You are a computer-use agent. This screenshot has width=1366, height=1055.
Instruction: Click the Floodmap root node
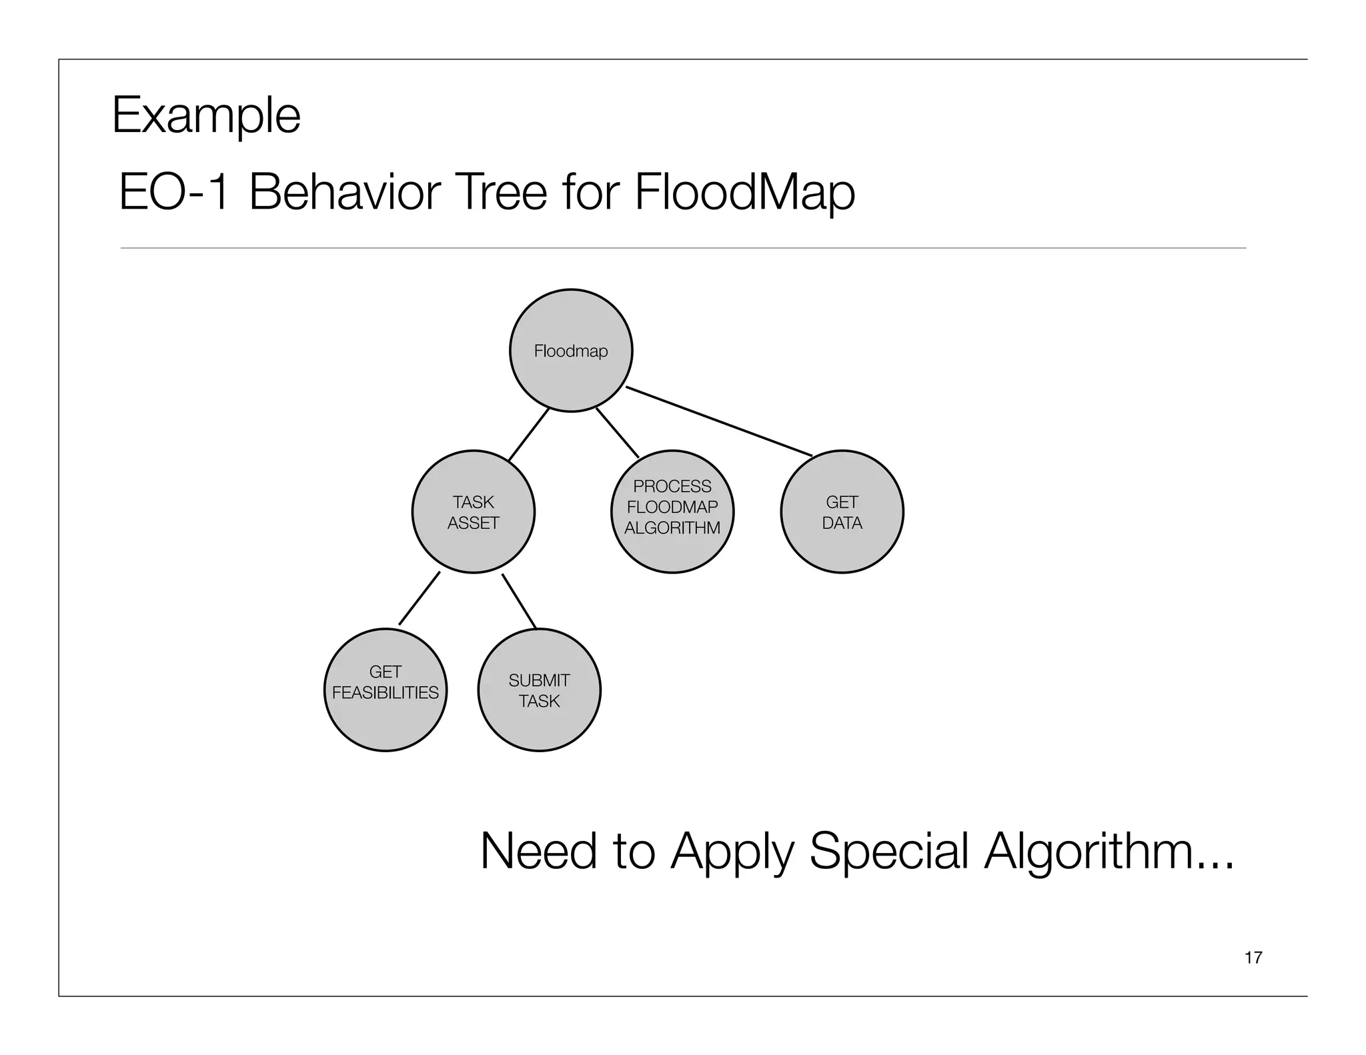571,351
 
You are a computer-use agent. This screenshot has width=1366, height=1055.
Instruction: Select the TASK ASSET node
474,511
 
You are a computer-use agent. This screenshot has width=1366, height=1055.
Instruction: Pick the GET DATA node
842,511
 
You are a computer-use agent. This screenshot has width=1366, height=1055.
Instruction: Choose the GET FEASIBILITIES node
386,690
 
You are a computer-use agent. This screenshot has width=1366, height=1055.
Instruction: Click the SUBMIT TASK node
539,690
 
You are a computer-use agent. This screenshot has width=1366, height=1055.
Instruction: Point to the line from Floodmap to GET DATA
719,421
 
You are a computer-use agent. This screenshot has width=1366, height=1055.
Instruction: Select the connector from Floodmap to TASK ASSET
528,434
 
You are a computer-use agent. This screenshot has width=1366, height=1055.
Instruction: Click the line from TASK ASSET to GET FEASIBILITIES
420,598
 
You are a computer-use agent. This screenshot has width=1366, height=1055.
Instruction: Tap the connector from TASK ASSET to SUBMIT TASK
519,601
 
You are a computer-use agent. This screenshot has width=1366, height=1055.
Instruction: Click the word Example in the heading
206,116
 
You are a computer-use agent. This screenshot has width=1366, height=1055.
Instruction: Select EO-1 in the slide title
174,192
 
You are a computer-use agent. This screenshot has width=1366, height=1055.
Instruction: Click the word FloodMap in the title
744,192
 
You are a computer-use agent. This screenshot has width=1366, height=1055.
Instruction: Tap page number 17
1253,958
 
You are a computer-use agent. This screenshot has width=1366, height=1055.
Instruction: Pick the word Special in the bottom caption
888,852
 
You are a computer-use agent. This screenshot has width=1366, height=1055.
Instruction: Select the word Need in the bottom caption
538,852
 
